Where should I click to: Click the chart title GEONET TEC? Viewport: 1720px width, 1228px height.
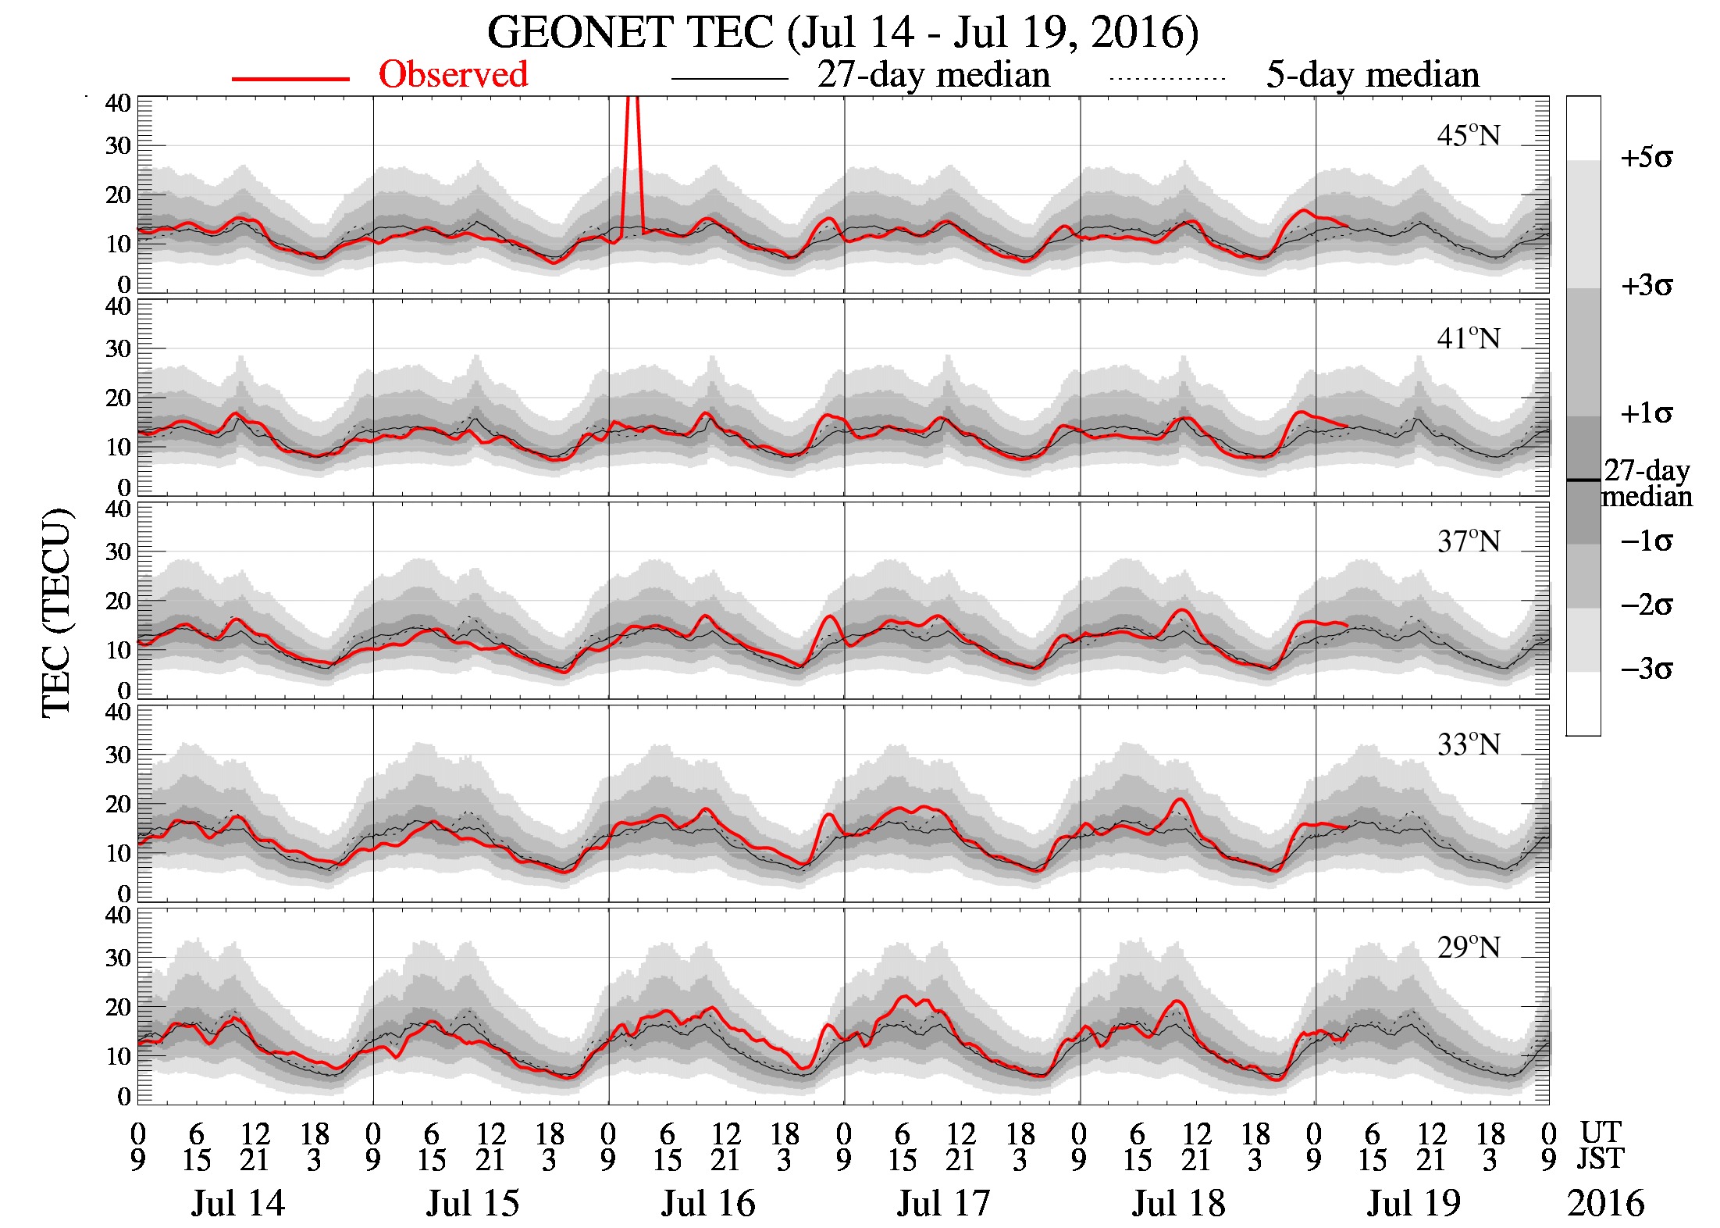pyautogui.click(x=842, y=33)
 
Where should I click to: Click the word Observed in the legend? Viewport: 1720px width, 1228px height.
pyautogui.click(x=453, y=75)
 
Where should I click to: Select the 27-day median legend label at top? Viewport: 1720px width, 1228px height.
pyautogui.click(x=933, y=75)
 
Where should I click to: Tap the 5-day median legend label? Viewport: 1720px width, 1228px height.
pyautogui.click(x=1372, y=75)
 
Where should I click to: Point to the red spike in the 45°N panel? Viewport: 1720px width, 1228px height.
pyautogui.click(x=632, y=156)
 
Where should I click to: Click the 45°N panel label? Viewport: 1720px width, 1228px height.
pyautogui.click(x=1468, y=136)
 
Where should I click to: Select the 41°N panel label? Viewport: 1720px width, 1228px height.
pyautogui.click(x=1468, y=339)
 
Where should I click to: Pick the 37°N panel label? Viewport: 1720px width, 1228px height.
pyautogui.click(x=1468, y=542)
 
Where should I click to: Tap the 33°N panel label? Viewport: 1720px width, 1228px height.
pyautogui.click(x=1468, y=745)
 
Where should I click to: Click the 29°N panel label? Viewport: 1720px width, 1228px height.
pyautogui.click(x=1468, y=948)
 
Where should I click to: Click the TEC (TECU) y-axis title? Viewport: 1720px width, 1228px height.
pyautogui.click(x=56, y=613)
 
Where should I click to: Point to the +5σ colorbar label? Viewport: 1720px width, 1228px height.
pyautogui.click(x=1646, y=159)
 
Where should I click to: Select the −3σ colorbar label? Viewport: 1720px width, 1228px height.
pyautogui.click(x=1646, y=670)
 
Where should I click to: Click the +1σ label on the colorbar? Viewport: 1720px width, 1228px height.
pyautogui.click(x=1646, y=414)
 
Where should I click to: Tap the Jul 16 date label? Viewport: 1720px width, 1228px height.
pyautogui.click(x=708, y=1204)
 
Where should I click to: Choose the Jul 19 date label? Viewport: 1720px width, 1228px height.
pyautogui.click(x=1413, y=1204)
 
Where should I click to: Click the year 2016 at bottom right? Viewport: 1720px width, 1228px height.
pyautogui.click(x=1605, y=1204)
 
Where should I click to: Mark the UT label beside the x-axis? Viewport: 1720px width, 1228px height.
pyautogui.click(x=1601, y=1132)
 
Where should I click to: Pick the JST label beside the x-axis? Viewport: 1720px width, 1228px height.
pyautogui.click(x=1601, y=1158)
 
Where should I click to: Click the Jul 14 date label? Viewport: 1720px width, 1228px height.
pyautogui.click(x=238, y=1204)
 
